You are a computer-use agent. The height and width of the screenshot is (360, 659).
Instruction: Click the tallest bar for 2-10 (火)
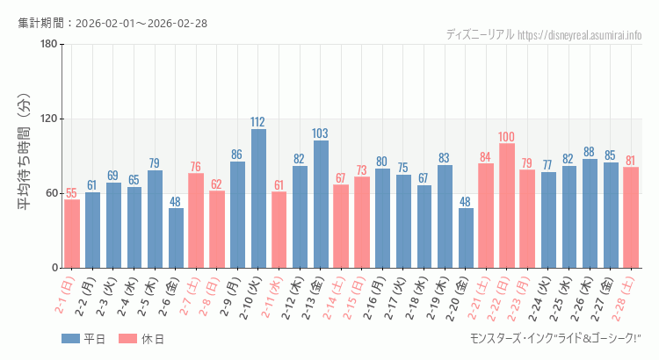258,198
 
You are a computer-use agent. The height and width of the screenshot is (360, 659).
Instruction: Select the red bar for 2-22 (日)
507,205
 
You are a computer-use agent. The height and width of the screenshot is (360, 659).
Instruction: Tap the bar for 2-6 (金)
176,238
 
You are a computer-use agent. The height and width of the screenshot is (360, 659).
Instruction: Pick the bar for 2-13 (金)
321,204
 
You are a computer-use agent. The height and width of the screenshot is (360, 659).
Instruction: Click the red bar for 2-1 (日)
72,234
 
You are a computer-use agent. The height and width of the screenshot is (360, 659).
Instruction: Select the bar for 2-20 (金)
466,238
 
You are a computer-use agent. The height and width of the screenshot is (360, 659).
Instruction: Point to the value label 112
258,122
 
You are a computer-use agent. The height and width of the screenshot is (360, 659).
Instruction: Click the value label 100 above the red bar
507,137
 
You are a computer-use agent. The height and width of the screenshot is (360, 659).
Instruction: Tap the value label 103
321,133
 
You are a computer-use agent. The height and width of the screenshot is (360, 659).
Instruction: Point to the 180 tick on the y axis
49,45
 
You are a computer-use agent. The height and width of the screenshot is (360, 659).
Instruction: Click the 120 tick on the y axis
49,119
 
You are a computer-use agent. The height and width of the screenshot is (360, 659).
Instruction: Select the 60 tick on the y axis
52,194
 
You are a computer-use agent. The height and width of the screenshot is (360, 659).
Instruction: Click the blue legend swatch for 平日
71,339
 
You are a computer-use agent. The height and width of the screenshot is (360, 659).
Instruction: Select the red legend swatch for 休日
128,339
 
